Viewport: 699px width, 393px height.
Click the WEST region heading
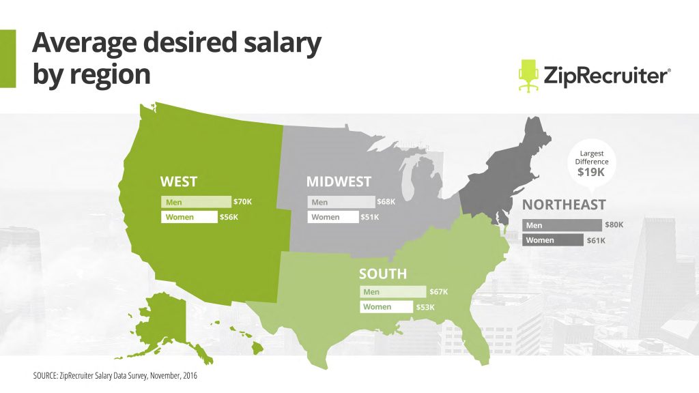tap(178, 182)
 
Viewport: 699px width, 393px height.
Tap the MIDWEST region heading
tap(339, 182)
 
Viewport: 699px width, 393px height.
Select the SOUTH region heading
tap(383, 274)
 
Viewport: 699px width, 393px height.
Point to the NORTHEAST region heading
tap(564, 205)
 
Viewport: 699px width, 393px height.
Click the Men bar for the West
tap(197, 202)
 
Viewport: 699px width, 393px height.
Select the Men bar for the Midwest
tap(341, 202)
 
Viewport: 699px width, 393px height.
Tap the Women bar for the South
tap(386, 307)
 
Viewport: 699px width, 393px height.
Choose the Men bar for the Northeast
tap(562, 224)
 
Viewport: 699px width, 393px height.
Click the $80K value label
tap(614, 224)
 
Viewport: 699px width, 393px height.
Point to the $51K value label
tap(369, 218)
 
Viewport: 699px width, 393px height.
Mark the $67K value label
tap(439, 292)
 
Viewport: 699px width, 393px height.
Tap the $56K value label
tap(229, 218)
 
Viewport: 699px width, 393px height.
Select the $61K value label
tap(596, 240)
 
